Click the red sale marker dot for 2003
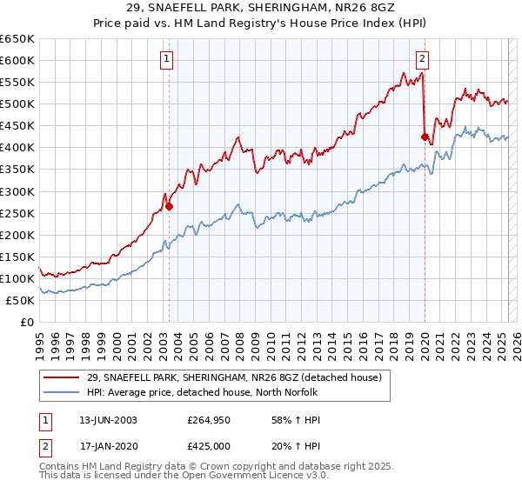[169, 207]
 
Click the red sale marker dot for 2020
[425, 137]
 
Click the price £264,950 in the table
[206, 420]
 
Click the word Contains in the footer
[62, 468]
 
